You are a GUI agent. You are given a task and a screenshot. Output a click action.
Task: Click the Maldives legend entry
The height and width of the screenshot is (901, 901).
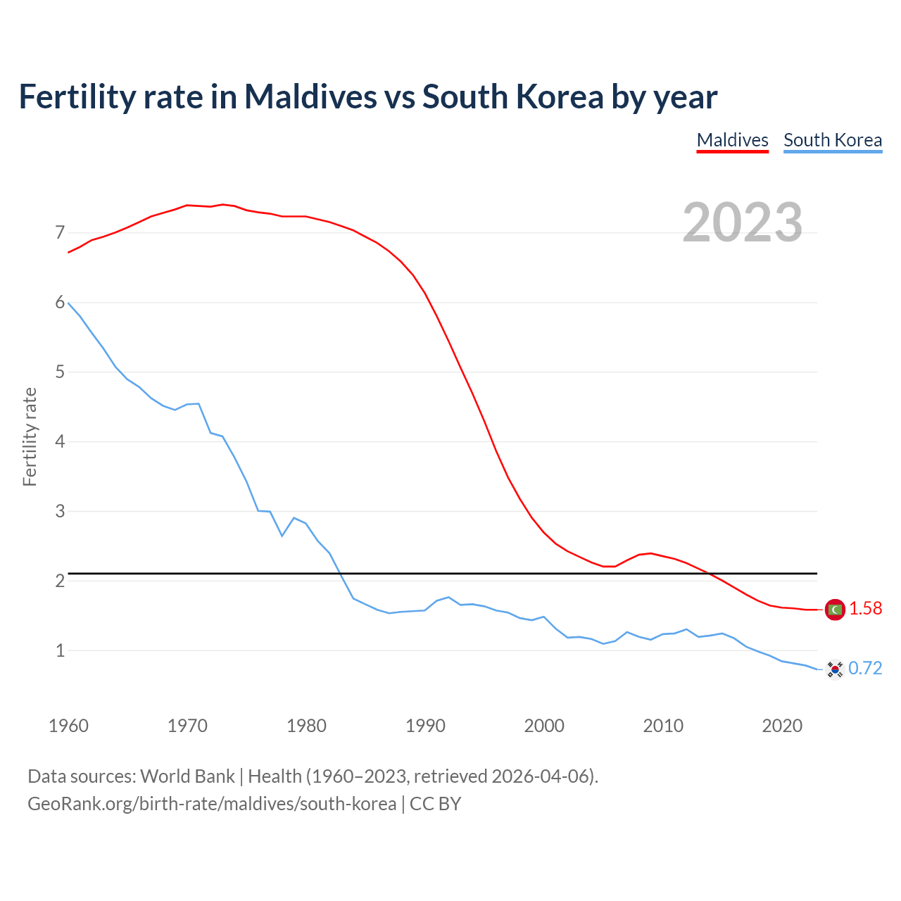click(x=732, y=140)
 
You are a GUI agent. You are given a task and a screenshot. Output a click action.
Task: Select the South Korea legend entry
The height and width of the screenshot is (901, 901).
click(x=833, y=140)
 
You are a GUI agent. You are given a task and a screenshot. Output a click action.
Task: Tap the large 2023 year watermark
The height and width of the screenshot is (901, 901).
click(x=742, y=222)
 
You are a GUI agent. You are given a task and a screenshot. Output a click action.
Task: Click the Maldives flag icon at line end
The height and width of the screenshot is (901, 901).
click(x=835, y=609)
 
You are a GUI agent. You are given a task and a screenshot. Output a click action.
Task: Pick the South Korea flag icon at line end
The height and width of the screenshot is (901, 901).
click(x=835, y=669)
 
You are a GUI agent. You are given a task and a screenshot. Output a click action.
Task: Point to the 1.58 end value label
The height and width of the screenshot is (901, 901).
click(x=865, y=609)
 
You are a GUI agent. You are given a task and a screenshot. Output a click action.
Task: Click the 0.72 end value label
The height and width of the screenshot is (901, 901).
click(x=865, y=669)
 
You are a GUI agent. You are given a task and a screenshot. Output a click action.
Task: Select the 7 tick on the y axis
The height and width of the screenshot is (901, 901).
click(x=60, y=233)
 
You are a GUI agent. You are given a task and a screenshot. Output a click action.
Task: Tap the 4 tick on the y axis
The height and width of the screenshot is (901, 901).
click(x=60, y=442)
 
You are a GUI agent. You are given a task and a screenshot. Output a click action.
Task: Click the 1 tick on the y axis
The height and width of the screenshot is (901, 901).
click(x=60, y=650)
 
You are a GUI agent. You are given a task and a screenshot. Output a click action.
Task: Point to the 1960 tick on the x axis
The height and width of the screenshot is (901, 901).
click(x=68, y=726)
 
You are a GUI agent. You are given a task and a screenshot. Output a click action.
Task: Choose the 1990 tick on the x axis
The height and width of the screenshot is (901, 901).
click(x=425, y=726)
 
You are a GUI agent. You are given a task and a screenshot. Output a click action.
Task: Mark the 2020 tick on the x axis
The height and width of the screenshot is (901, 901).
click(x=782, y=726)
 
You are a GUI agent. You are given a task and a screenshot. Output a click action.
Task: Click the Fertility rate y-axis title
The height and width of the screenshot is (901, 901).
click(x=30, y=436)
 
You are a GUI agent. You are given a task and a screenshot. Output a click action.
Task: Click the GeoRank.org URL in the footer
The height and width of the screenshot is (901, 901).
click(x=211, y=804)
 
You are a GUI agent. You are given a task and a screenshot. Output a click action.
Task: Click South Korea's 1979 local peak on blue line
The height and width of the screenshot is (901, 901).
click(x=294, y=517)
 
